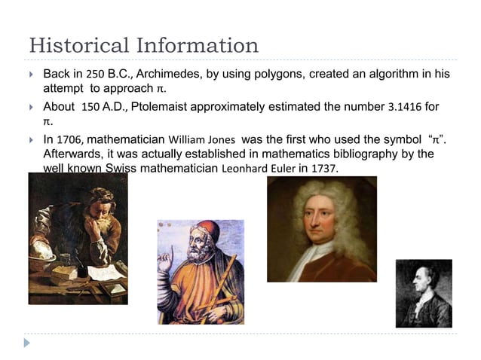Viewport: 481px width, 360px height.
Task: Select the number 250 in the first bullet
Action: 95,75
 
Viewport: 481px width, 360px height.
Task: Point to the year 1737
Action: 324,168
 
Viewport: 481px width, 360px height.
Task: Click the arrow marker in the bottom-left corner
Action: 28,343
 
